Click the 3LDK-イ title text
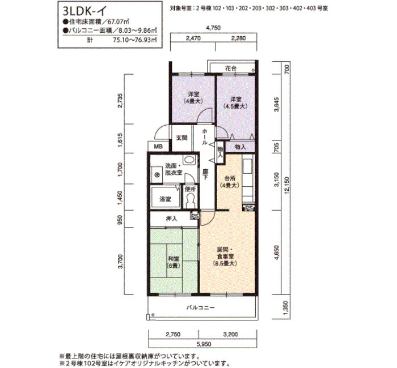click(85, 11)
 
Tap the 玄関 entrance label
click(181, 138)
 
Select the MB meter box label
click(158, 146)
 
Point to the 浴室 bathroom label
click(165, 199)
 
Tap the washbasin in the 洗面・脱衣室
click(189, 160)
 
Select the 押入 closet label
click(171, 219)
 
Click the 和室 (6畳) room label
click(174, 262)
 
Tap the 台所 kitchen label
click(230, 182)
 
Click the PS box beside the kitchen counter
click(248, 208)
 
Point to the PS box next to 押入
click(195, 216)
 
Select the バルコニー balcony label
click(200, 307)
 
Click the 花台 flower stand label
click(231, 69)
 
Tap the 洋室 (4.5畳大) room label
click(235, 103)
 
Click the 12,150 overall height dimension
click(286, 185)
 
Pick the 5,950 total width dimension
click(203, 344)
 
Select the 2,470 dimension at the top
click(193, 38)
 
